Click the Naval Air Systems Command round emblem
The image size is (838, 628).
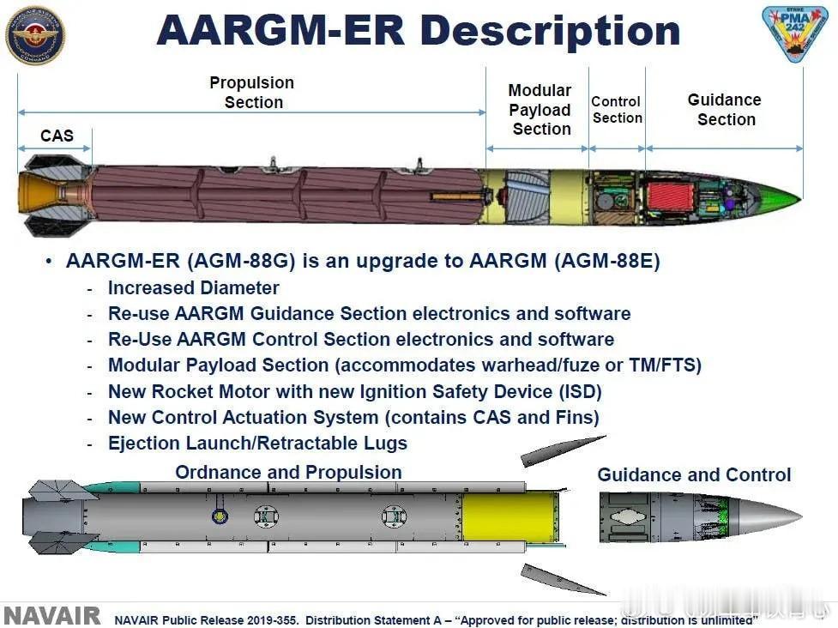[35, 35]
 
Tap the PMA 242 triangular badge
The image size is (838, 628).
[795, 32]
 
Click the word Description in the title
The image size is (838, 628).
[551, 31]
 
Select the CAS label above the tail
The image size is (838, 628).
[57, 136]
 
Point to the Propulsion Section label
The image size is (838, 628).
[252, 93]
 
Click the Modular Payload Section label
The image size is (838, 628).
[540, 110]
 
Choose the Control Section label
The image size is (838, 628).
[616, 110]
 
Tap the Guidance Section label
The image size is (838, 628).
[726, 110]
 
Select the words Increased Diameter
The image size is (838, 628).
[194, 287]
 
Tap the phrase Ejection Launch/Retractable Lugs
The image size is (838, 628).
[257, 443]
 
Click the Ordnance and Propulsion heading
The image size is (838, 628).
[288, 472]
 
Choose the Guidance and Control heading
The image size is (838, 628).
[694, 474]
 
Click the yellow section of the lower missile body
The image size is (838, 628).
[509, 516]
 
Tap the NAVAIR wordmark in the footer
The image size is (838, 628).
[51, 616]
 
